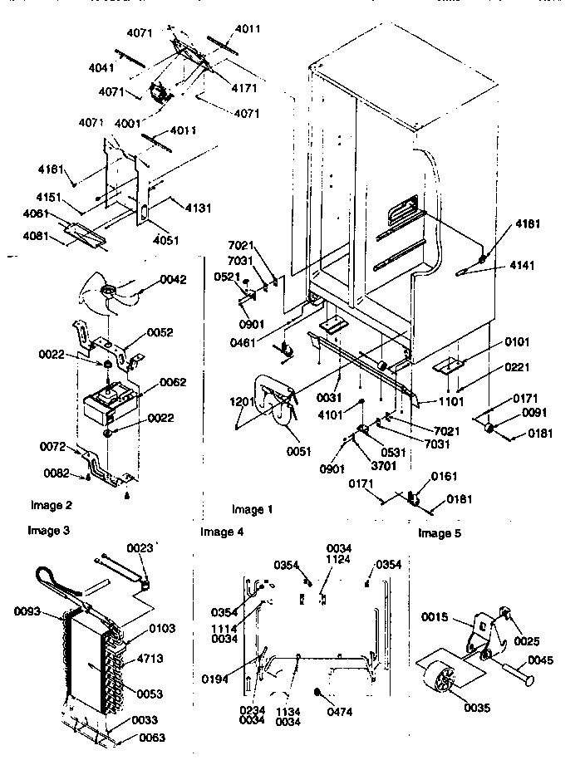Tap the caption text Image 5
pos(440,533)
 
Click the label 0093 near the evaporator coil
pos(29,612)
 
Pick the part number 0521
pos(227,277)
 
